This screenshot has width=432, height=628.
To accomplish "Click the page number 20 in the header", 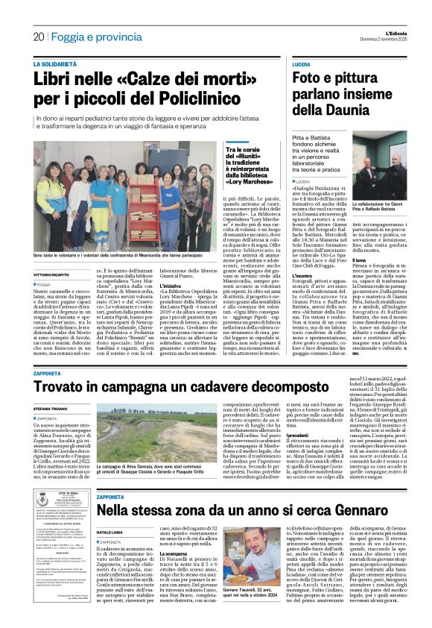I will click(38, 36).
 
